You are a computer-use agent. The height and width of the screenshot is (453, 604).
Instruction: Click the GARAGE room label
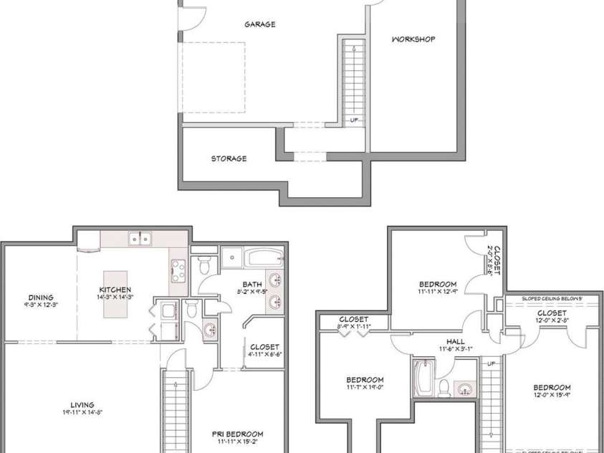click(x=259, y=24)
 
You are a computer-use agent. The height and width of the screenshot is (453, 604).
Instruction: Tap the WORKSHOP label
click(x=413, y=39)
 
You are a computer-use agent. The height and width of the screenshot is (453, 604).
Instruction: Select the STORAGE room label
click(x=229, y=158)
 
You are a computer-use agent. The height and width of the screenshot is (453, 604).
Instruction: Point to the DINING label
click(x=42, y=297)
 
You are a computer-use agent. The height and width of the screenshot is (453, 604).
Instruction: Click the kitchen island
click(x=115, y=294)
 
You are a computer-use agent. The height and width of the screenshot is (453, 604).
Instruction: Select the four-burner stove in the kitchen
click(x=178, y=270)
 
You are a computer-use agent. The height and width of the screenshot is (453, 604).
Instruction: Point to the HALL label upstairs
click(x=455, y=342)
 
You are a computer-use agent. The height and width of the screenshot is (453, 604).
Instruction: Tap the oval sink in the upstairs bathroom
click(x=465, y=389)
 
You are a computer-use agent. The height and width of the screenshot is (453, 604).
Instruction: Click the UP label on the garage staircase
click(x=355, y=120)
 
